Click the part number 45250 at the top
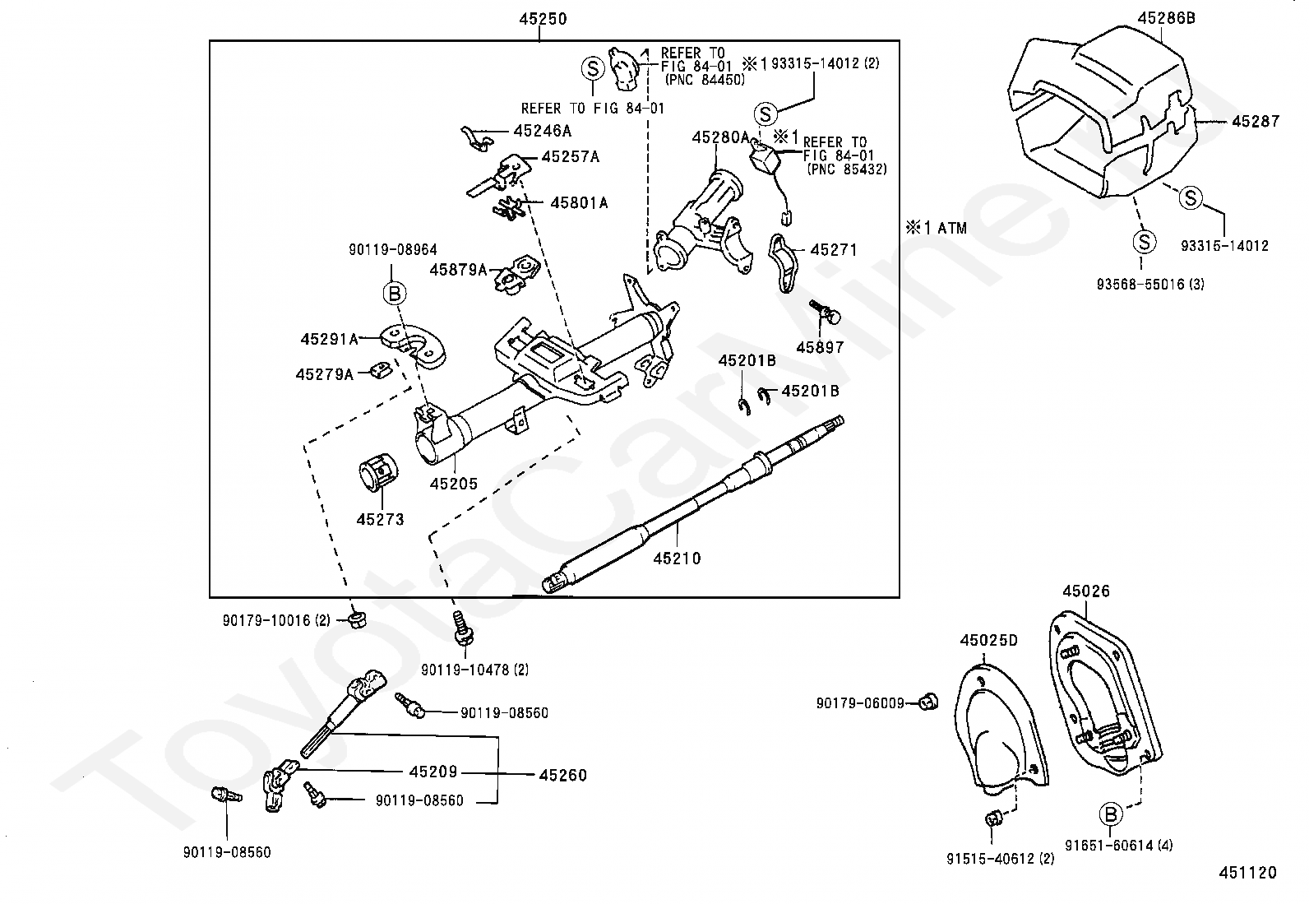(543, 18)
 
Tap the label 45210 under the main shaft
(677, 559)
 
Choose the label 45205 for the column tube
(453, 484)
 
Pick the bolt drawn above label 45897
(823, 311)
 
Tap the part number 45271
(833, 249)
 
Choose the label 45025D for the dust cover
(988, 640)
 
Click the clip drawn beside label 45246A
(475, 138)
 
